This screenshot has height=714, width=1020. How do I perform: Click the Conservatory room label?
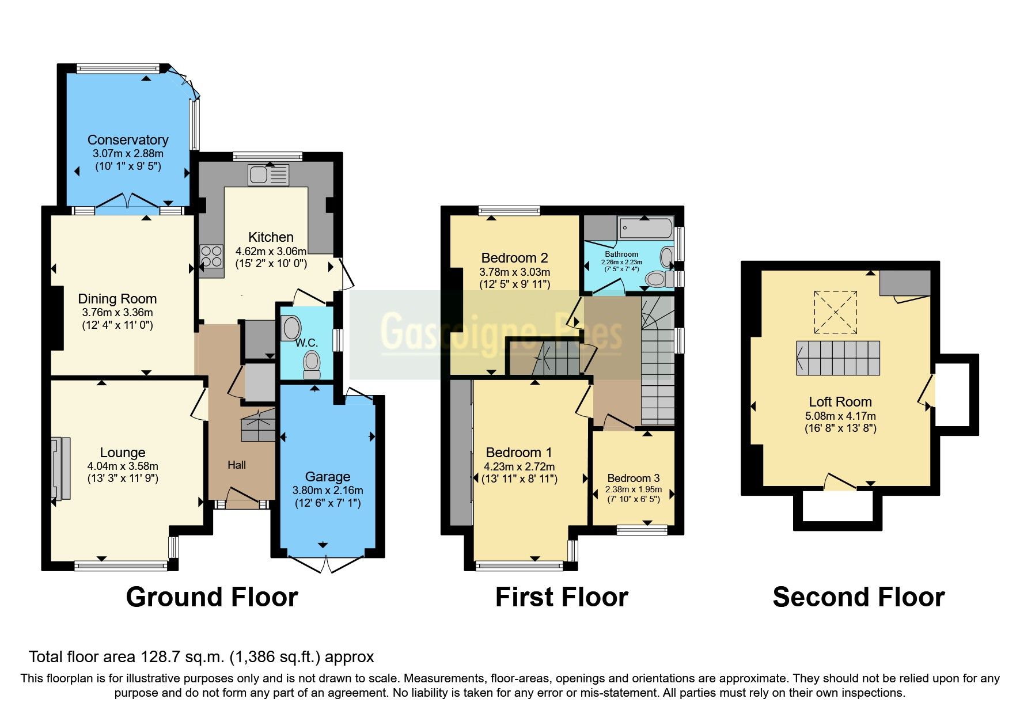[x=128, y=140]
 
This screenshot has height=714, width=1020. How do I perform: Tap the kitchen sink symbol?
[x=268, y=175]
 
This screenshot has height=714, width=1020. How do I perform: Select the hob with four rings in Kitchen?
[x=211, y=256]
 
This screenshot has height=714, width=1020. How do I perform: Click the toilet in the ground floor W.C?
[x=312, y=364]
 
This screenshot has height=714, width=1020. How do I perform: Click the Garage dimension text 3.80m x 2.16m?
[x=328, y=491]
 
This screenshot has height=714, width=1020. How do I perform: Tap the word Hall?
[x=237, y=465]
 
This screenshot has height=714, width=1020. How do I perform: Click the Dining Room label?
[x=117, y=299]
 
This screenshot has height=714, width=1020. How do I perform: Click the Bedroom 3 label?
[x=634, y=478]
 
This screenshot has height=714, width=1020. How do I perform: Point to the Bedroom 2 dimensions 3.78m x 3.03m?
[x=514, y=272]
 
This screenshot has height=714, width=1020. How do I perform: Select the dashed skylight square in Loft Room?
[x=835, y=312]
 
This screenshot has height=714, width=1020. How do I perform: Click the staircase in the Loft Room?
[x=839, y=358]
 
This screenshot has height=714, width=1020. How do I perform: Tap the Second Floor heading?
[x=858, y=597]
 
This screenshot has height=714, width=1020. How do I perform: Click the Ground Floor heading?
[x=212, y=597]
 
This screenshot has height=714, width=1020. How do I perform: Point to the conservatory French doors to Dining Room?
[x=127, y=203]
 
